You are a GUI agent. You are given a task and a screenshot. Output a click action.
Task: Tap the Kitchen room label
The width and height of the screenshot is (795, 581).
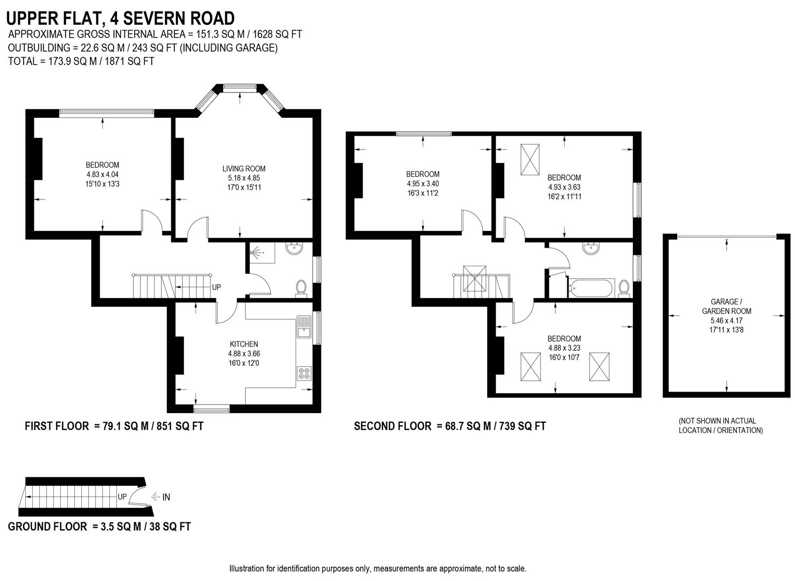244,344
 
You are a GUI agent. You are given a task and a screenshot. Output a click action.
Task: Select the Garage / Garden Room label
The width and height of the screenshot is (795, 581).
726,306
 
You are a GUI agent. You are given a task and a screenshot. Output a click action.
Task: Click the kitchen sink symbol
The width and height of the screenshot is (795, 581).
304,327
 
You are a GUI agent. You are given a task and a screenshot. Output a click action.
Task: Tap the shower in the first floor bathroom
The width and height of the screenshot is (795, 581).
261,252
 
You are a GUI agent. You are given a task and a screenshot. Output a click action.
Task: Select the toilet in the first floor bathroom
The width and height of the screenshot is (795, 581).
301,288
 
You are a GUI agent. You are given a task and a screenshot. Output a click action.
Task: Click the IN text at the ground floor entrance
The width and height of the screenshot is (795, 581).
166,497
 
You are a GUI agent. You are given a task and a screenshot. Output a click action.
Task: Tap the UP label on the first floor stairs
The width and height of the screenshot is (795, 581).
216,287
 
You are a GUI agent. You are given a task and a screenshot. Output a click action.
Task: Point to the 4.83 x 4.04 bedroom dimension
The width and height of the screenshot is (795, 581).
102,175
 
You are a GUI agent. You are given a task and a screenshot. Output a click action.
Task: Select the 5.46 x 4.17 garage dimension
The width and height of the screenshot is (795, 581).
726,321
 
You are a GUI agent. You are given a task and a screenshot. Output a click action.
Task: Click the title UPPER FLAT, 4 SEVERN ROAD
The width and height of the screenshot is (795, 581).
120,18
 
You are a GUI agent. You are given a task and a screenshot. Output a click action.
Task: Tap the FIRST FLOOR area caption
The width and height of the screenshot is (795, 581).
114,426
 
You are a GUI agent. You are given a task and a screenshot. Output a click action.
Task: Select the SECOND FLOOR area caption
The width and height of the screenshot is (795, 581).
449,426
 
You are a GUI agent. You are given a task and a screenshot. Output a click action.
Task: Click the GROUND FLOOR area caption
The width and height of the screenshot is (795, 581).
99,526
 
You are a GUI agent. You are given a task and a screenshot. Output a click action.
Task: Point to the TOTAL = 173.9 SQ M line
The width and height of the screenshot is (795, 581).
81,61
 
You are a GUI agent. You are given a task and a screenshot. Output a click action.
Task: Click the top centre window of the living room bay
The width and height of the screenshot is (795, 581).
240,87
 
